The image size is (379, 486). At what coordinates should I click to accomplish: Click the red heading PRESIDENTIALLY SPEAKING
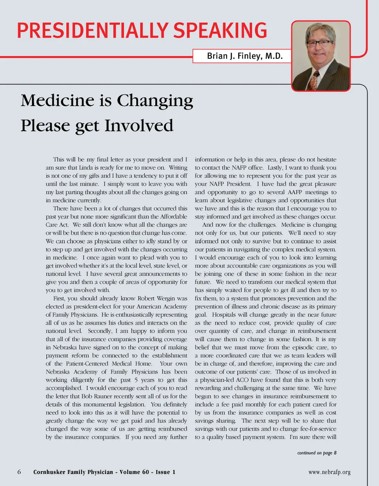click(x=141, y=30)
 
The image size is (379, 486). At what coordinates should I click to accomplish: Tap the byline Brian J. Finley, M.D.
click(x=245, y=56)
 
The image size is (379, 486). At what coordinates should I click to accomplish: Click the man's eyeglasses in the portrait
click(x=320, y=43)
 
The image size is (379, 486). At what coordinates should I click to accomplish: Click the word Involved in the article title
click(x=139, y=126)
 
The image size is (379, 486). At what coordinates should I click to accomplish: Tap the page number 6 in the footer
click(x=19, y=472)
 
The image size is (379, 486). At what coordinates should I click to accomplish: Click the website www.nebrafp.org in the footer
click(x=330, y=472)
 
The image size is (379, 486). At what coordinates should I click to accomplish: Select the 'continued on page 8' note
click(x=317, y=453)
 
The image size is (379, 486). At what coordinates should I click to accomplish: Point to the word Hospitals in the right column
click(x=226, y=314)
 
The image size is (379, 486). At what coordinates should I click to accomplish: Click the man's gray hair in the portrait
click(x=320, y=30)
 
